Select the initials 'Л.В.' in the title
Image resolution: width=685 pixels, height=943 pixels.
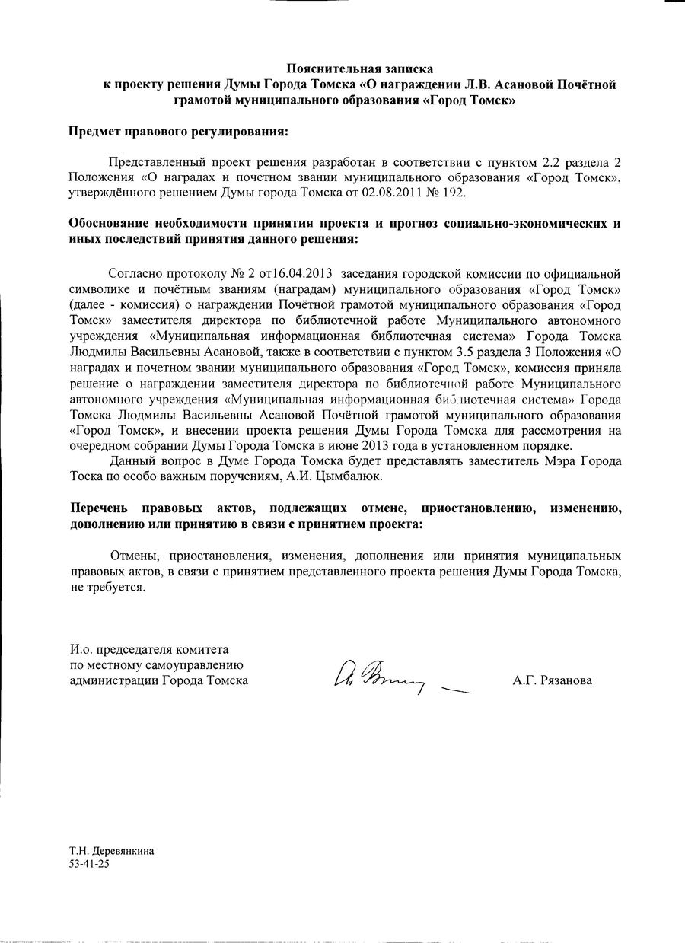452,84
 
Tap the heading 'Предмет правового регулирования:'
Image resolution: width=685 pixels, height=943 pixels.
179,132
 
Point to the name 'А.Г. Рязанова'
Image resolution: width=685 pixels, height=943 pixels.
552,681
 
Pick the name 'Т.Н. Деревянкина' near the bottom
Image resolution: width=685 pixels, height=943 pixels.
111,852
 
